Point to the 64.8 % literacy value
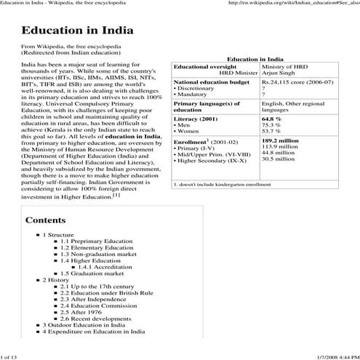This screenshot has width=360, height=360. (x=271, y=119)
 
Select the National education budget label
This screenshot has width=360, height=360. (x=211, y=83)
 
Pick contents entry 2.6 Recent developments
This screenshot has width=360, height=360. (x=96, y=318)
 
